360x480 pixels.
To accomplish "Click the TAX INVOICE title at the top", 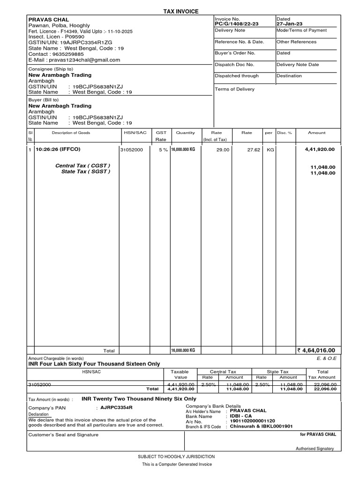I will pos(180,11).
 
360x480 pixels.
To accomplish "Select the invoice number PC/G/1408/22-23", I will pos(236,23).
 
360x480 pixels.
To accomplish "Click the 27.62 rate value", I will pos(253,150).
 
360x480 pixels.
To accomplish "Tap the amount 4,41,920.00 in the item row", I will pos(320,150).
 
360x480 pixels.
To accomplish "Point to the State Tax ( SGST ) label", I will pos(86,172).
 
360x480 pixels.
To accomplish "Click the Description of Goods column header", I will pos(71,133).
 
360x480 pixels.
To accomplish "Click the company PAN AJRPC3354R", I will pos(117,408).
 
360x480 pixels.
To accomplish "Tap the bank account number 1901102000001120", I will pos(252,421).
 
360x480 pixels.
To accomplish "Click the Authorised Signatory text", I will pos(315,449).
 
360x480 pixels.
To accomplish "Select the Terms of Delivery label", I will pos(234,89).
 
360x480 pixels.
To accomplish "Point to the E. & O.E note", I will pos(326,359).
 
